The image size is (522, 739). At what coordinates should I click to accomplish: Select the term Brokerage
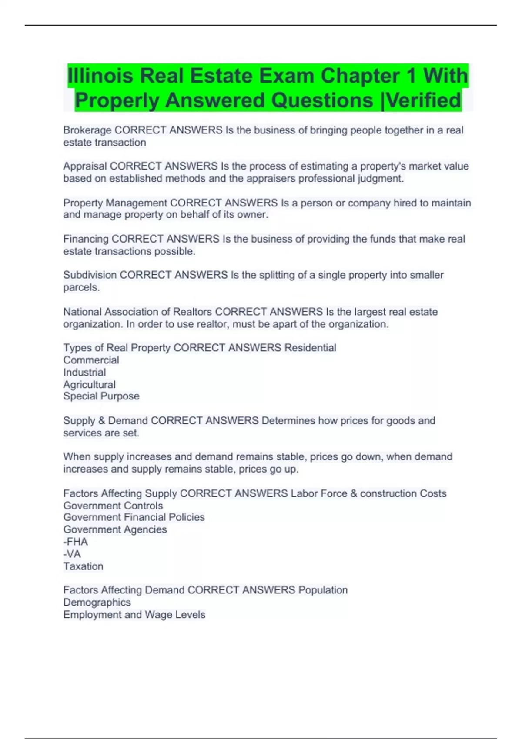click(x=87, y=130)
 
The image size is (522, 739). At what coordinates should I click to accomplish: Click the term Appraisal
click(x=85, y=166)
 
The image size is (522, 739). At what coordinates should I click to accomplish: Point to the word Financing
click(x=86, y=239)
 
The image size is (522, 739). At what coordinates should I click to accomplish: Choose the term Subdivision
click(x=90, y=275)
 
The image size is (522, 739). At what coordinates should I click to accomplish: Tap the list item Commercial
click(x=91, y=360)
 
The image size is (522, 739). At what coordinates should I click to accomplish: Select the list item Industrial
click(x=84, y=372)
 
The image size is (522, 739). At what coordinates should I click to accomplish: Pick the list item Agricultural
click(x=89, y=384)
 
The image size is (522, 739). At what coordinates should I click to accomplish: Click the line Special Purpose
click(x=101, y=396)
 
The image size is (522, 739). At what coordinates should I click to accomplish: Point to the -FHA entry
click(x=75, y=542)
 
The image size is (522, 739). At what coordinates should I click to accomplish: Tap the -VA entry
click(x=72, y=554)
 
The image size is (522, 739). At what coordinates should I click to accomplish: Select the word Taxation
click(x=83, y=566)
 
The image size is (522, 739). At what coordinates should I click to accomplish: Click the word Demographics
click(x=97, y=602)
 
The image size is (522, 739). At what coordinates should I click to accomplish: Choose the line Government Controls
click(x=113, y=506)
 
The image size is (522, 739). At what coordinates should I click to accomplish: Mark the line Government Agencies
click(x=115, y=529)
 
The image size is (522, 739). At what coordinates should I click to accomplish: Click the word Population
click(x=323, y=590)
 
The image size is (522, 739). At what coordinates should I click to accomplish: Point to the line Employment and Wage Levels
click(x=134, y=614)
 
